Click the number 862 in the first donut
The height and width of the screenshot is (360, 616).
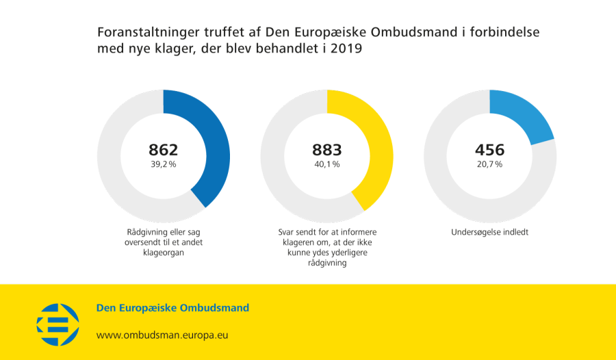[164, 150]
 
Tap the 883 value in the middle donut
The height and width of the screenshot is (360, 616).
[326, 150]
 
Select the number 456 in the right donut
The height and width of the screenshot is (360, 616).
[489, 150]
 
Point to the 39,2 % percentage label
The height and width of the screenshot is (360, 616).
[164, 164]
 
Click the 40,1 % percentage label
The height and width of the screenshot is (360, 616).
[326, 164]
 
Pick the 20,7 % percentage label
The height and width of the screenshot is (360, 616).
[489, 164]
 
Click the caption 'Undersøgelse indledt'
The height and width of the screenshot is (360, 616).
[489, 232]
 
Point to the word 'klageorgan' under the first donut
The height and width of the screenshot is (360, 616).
[164, 253]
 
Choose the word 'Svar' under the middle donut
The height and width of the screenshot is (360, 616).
[287, 232]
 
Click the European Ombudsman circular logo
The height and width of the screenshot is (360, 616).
[57, 324]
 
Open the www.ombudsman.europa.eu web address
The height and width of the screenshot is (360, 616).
[162, 335]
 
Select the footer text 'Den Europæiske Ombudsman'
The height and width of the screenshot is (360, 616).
[172, 308]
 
